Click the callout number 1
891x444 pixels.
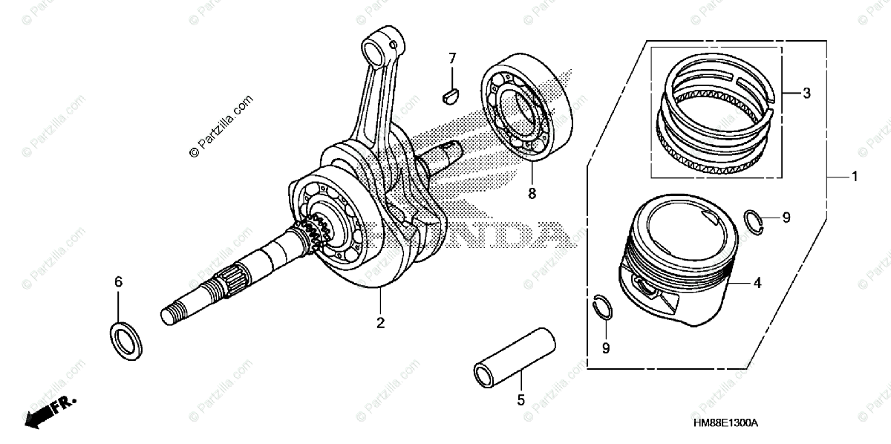(855, 177)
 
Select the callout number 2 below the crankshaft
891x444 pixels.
(380, 323)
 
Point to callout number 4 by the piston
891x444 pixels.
(757, 283)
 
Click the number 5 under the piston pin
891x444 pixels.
(520, 400)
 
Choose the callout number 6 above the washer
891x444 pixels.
(118, 282)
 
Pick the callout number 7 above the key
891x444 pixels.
(451, 59)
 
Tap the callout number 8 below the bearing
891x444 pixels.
(532, 195)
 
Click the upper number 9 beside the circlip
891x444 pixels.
(786, 218)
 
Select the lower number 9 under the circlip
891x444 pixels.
(606, 347)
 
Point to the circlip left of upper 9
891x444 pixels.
(754, 222)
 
